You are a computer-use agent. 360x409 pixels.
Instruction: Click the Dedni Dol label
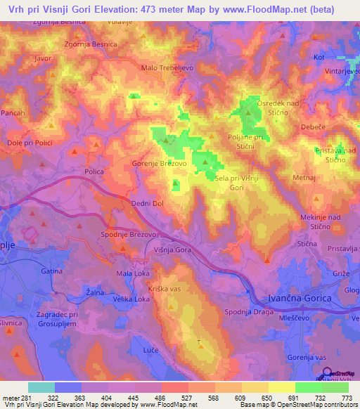pos(147,204)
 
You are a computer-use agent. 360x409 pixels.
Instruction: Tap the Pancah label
pos(13,113)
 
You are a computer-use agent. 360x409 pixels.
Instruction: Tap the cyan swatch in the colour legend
pos(41,387)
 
